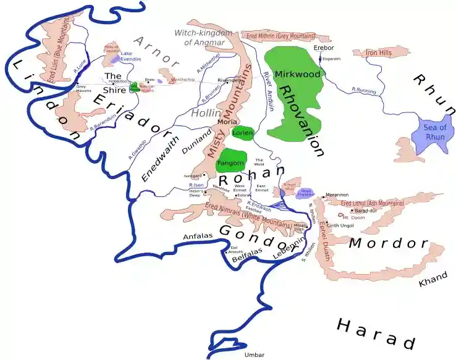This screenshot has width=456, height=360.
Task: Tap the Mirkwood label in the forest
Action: pyautogui.click(x=298, y=75)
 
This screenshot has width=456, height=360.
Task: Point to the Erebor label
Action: pyautogui.click(x=324, y=48)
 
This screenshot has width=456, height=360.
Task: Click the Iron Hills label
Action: pyautogui.click(x=379, y=54)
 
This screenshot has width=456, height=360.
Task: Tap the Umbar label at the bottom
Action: pyautogui.click(x=254, y=355)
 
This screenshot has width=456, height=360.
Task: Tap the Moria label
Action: pyautogui.click(x=228, y=122)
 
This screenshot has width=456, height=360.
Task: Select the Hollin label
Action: pyautogui.click(x=203, y=114)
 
